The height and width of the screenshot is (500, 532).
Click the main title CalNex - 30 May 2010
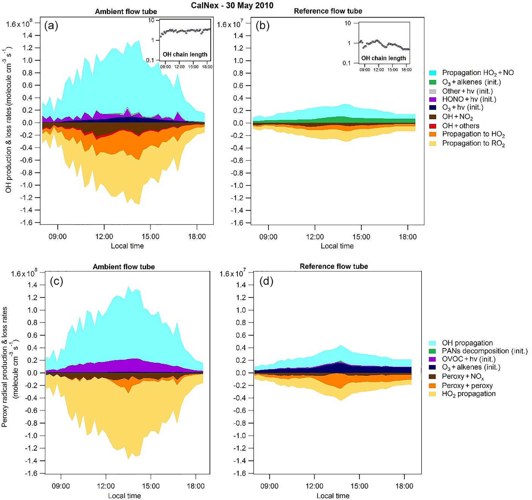tap(232, 5)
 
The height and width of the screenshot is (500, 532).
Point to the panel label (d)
tap(266, 281)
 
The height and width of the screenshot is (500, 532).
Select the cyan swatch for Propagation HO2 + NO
tap(433, 73)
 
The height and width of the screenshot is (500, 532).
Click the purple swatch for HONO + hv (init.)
tap(433, 99)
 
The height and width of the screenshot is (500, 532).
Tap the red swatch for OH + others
tap(433, 126)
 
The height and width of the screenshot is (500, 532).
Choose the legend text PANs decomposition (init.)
tap(484, 351)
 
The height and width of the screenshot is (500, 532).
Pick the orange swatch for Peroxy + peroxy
tap(432, 386)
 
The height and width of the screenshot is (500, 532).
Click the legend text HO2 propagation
tap(469, 394)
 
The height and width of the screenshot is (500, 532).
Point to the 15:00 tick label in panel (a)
tap(150, 237)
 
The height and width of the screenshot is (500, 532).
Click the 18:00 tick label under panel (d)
tap(404, 486)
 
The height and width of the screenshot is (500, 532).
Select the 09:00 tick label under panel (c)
tap(61, 486)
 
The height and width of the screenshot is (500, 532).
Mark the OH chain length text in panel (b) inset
tap(383, 58)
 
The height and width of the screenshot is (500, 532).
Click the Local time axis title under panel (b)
tap(337, 246)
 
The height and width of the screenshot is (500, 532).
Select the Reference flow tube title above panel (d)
tap(334, 266)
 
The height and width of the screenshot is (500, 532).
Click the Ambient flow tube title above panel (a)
tap(126, 11)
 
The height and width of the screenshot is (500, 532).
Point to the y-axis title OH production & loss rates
tap(9, 122)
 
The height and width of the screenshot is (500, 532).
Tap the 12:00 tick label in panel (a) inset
tap(179, 67)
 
